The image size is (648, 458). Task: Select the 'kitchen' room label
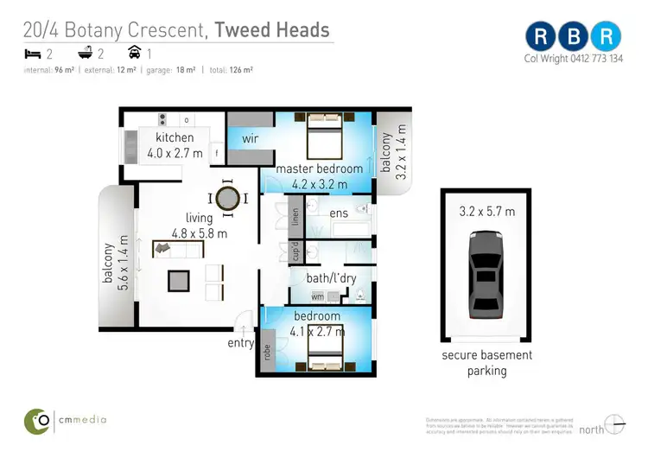point(175,138)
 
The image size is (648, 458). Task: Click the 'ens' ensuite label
point(338,212)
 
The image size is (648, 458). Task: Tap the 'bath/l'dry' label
point(331,277)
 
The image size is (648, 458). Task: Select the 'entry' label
point(241,343)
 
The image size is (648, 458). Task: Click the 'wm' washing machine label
point(318,296)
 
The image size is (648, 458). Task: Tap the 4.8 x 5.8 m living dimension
point(199,232)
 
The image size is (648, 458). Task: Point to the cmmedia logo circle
point(36,420)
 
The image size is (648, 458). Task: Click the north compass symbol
point(614,425)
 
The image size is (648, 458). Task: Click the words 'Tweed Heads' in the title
point(271,30)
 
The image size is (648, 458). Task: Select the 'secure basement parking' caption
point(486,363)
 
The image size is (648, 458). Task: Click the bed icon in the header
point(32,54)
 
